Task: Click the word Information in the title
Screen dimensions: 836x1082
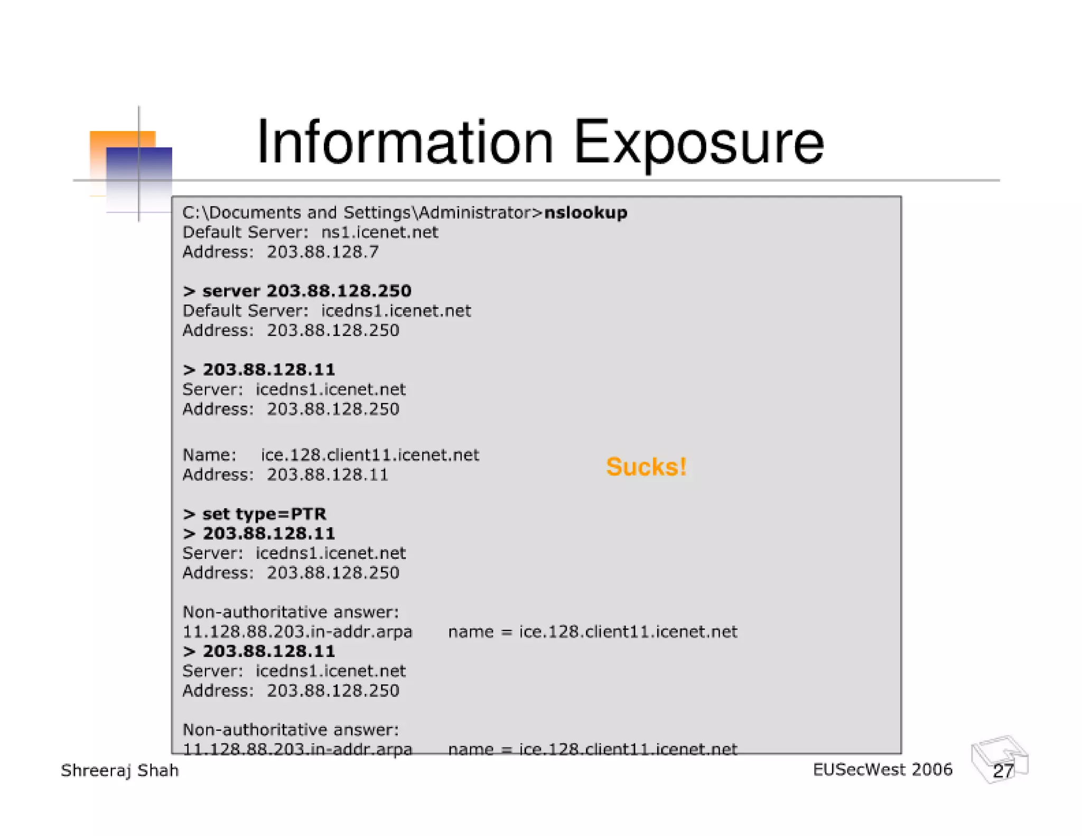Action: (405, 142)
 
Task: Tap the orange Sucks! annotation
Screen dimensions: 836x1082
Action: (646, 467)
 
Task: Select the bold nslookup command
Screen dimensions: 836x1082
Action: (585, 213)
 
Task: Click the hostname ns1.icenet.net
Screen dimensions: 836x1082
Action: (379, 233)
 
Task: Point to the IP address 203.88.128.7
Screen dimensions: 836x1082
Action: (322, 252)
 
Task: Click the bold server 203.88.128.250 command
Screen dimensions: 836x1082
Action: (297, 291)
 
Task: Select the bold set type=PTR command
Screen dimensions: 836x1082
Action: (255, 514)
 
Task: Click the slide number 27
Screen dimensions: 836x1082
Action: (1002, 771)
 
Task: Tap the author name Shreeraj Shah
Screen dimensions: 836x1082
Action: (120, 770)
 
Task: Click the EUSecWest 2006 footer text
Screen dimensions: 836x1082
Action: (882, 770)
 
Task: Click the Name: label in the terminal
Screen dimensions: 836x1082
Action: (209, 455)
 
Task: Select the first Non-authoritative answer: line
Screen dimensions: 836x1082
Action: (291, 612)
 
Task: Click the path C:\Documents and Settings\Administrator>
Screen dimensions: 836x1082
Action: (362, 213)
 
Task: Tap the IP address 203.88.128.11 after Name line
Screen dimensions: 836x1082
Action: (327, 475)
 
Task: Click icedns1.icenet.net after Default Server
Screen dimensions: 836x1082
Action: (396, 311)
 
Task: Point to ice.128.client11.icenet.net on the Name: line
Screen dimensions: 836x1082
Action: (370, 455)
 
